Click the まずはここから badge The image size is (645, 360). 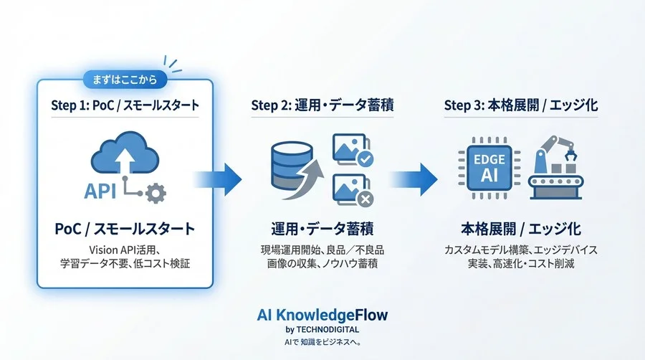pos(125,77)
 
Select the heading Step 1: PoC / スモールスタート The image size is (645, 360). pos(125,105)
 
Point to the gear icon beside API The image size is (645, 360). pos(155,192)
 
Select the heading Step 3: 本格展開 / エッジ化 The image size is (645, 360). pos(520,105)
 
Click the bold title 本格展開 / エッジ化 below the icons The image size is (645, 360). pos(520,229)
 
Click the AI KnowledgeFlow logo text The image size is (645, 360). pos(322,316)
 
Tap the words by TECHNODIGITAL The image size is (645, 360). pos(322,329)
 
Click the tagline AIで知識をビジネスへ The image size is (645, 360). pos(322,342)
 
